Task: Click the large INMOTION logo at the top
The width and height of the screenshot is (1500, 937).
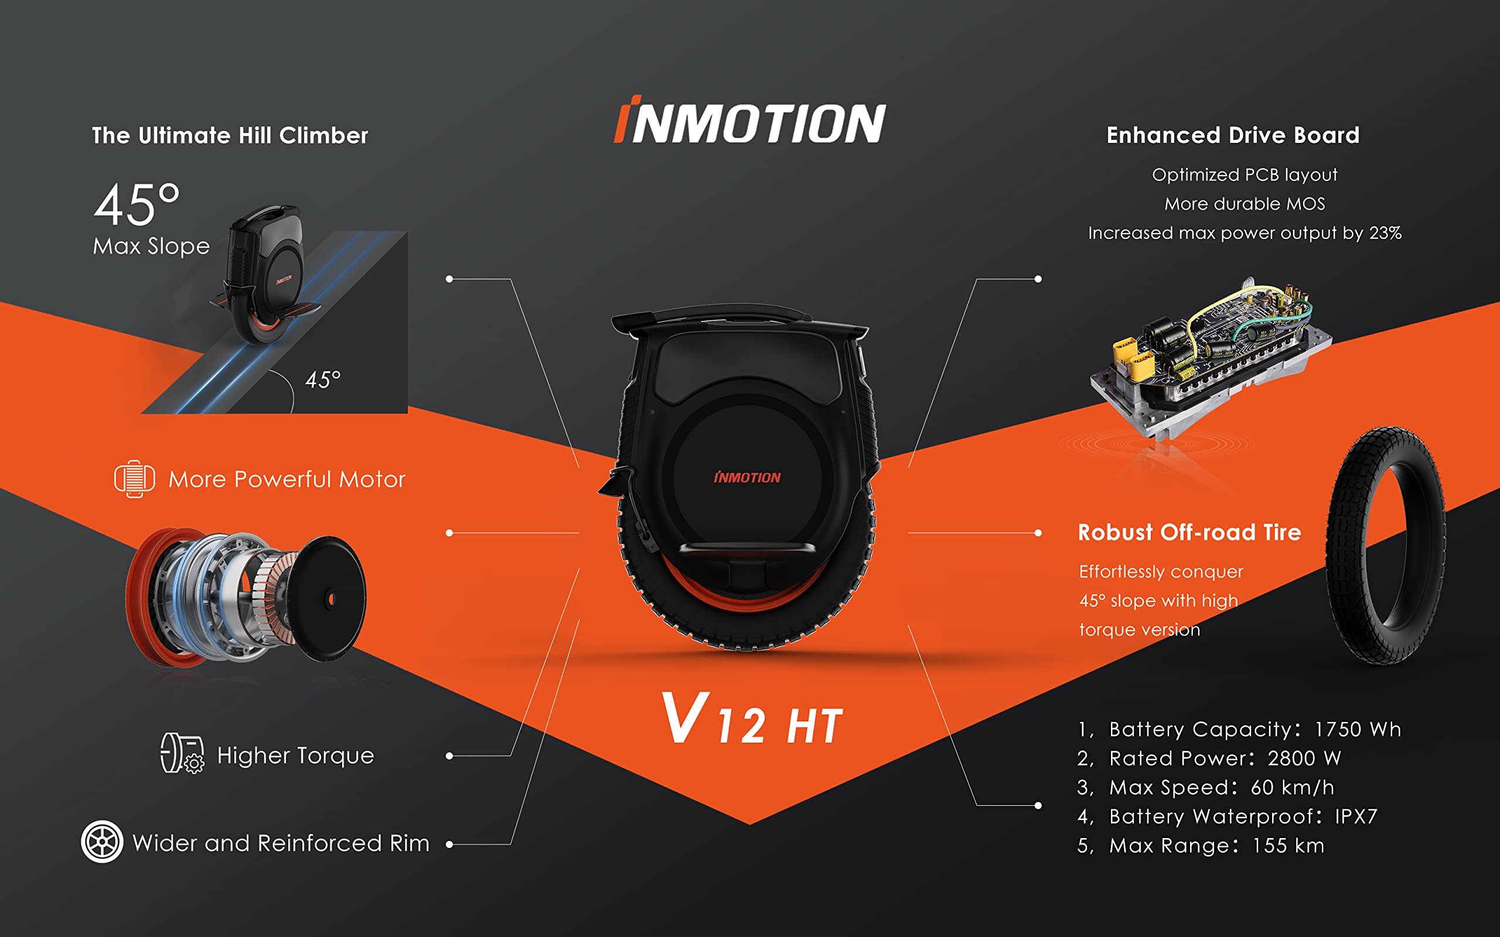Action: pos(749,121)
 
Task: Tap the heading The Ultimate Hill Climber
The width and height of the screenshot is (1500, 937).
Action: pos(230,135)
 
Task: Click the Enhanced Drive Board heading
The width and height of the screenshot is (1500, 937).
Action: pos(1232,135)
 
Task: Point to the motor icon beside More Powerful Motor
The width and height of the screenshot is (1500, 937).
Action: pos(134,478)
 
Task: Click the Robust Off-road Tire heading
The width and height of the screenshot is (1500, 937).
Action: pos(1189,532)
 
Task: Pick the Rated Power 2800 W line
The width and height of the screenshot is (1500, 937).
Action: pos(1209,758)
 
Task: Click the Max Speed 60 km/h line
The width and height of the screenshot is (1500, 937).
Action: pos(1205,787)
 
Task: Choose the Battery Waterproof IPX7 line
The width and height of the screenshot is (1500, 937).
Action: pos(1226,816)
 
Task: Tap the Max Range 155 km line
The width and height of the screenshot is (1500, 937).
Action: pos(1200,845)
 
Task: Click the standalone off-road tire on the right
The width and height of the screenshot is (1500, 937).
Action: pos(1385,545)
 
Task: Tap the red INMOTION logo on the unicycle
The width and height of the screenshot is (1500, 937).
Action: pos(747,477)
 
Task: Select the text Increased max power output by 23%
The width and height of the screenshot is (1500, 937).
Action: pos(1244,233)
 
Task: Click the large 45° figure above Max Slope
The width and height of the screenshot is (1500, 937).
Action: pos(137,204)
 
